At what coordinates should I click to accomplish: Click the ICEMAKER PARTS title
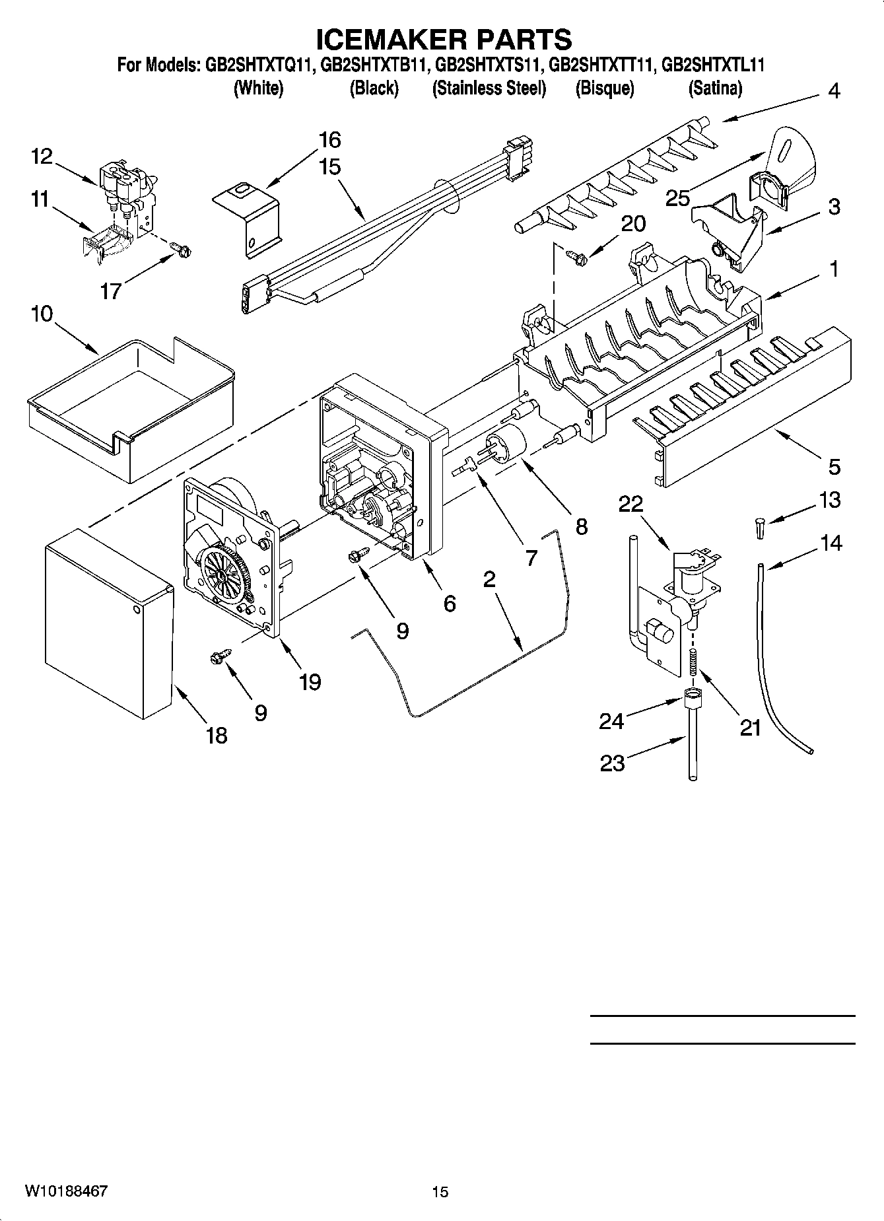tap(444, 39)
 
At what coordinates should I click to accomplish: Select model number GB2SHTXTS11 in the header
tap(489, 65)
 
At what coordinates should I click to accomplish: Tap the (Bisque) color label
tap(604, 88)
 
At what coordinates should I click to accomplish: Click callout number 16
tap(329, 140)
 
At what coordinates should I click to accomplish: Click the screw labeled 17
tap(180, 250)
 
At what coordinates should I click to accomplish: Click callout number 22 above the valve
tap(630, 504)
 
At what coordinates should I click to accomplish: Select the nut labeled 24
tap(692, 695)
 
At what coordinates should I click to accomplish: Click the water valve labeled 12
tap(125, 181)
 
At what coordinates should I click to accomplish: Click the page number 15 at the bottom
tap(440, 1191)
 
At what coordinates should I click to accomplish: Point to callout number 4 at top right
tap(834, 91)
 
